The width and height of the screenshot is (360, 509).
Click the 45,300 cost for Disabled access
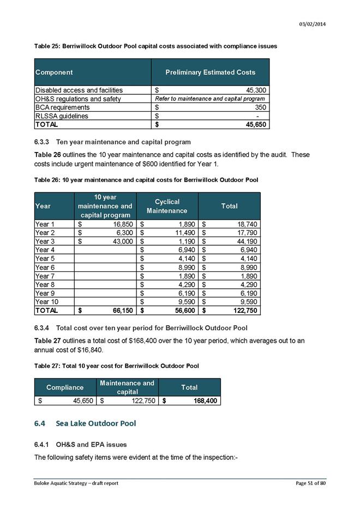255,90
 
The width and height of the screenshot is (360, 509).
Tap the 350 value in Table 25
260,107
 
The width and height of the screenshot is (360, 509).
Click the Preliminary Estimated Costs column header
210,72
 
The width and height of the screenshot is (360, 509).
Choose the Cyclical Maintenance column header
167,206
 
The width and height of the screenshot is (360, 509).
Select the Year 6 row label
46,267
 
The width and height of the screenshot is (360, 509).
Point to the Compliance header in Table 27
65,387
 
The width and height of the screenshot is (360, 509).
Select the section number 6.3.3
43,142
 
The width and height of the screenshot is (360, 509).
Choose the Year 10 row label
47,301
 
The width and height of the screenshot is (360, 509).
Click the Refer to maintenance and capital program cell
210,99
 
